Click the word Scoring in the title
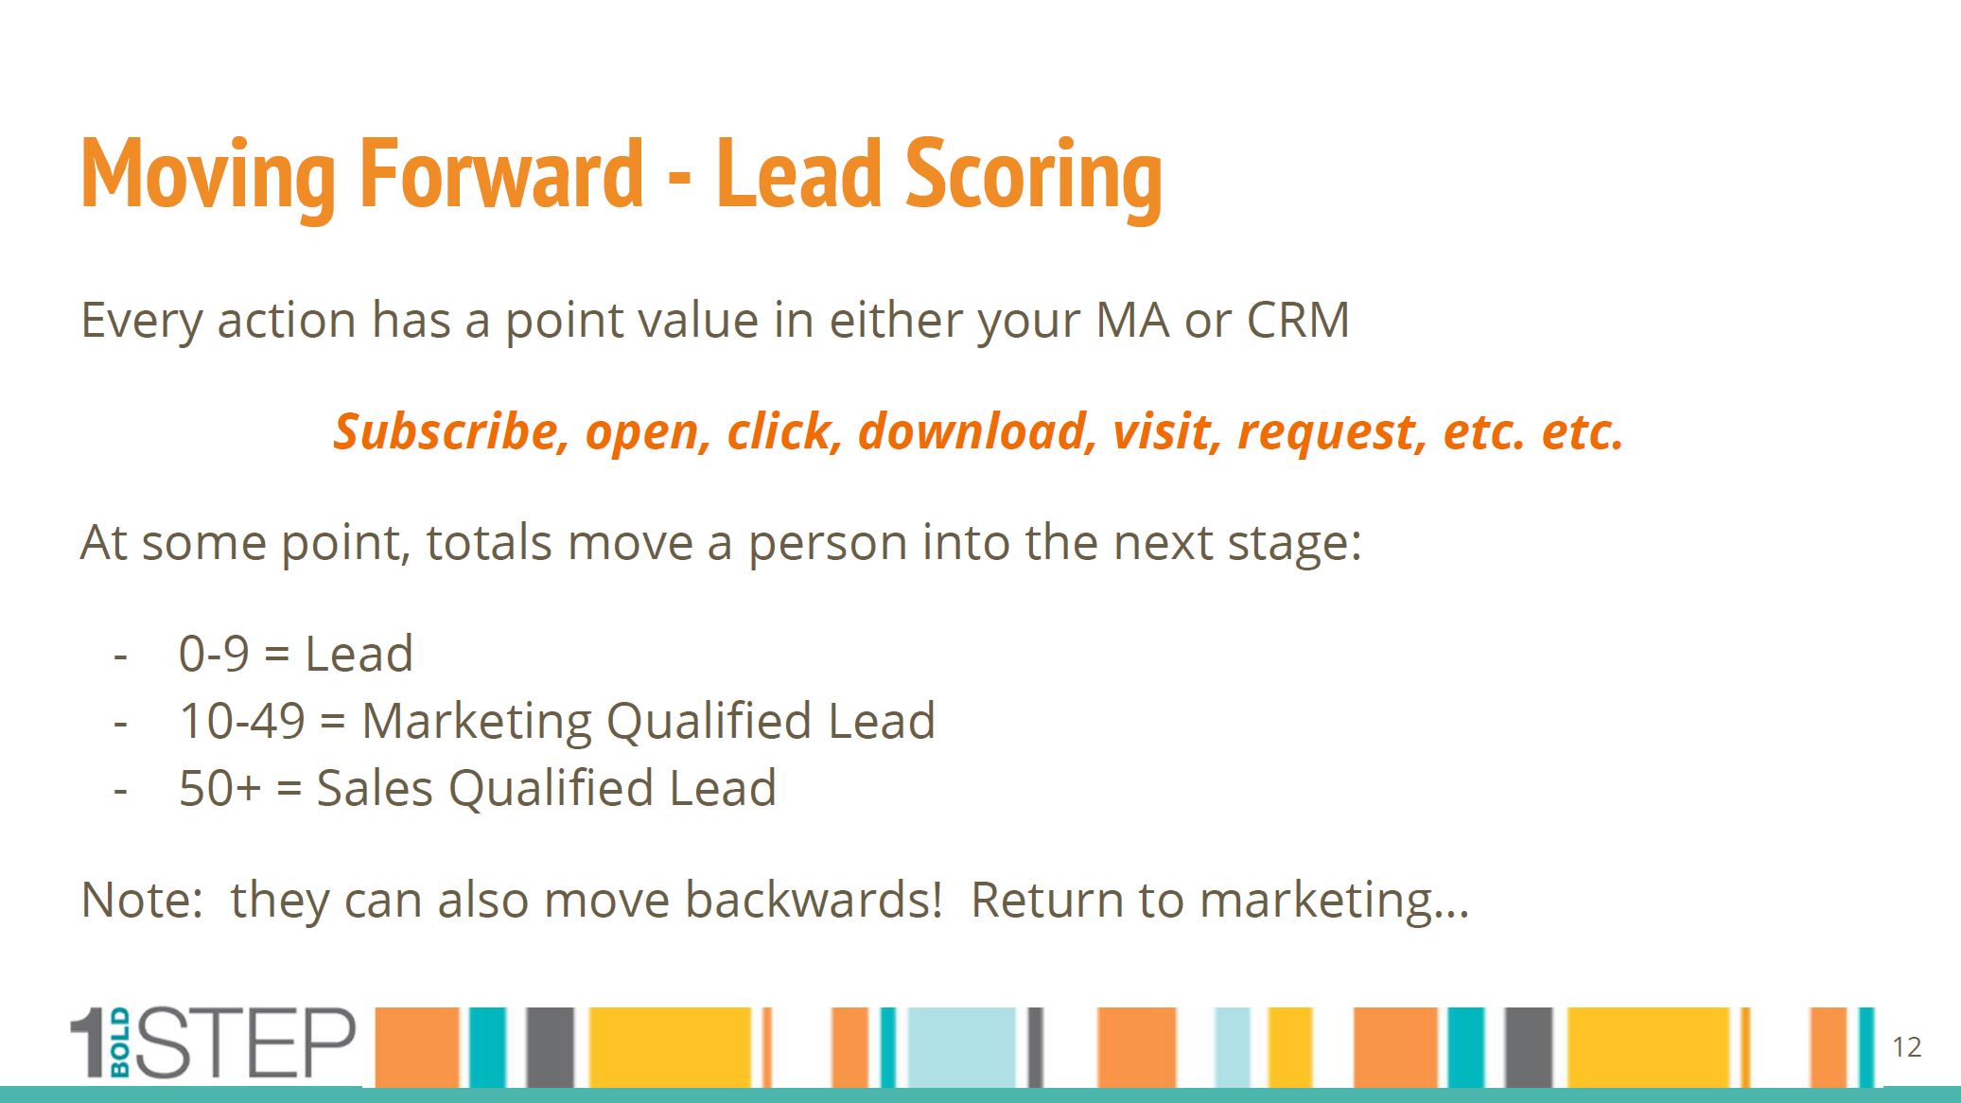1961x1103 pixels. point(1034,177)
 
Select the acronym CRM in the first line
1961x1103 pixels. point(1298,320)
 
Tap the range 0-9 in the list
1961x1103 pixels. point(214,654)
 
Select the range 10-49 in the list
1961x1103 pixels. point(242,721)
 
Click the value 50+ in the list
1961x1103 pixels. point(219,788)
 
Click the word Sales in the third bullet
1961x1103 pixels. point(375,788)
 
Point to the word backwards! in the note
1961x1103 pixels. point(814,899)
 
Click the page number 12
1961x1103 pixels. point(1907,1047)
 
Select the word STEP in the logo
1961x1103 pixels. point(246,1043)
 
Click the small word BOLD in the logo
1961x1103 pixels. point(120,1043)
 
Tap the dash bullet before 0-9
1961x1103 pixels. point(120,655)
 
